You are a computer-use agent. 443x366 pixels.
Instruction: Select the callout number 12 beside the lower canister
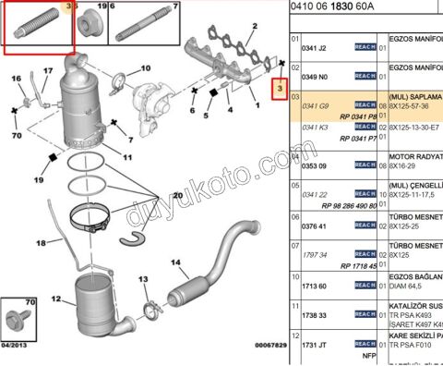coord(55,299)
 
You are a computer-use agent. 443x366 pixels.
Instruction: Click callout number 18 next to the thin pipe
coord(41,243)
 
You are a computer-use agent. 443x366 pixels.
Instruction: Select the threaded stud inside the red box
coord(30,29)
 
